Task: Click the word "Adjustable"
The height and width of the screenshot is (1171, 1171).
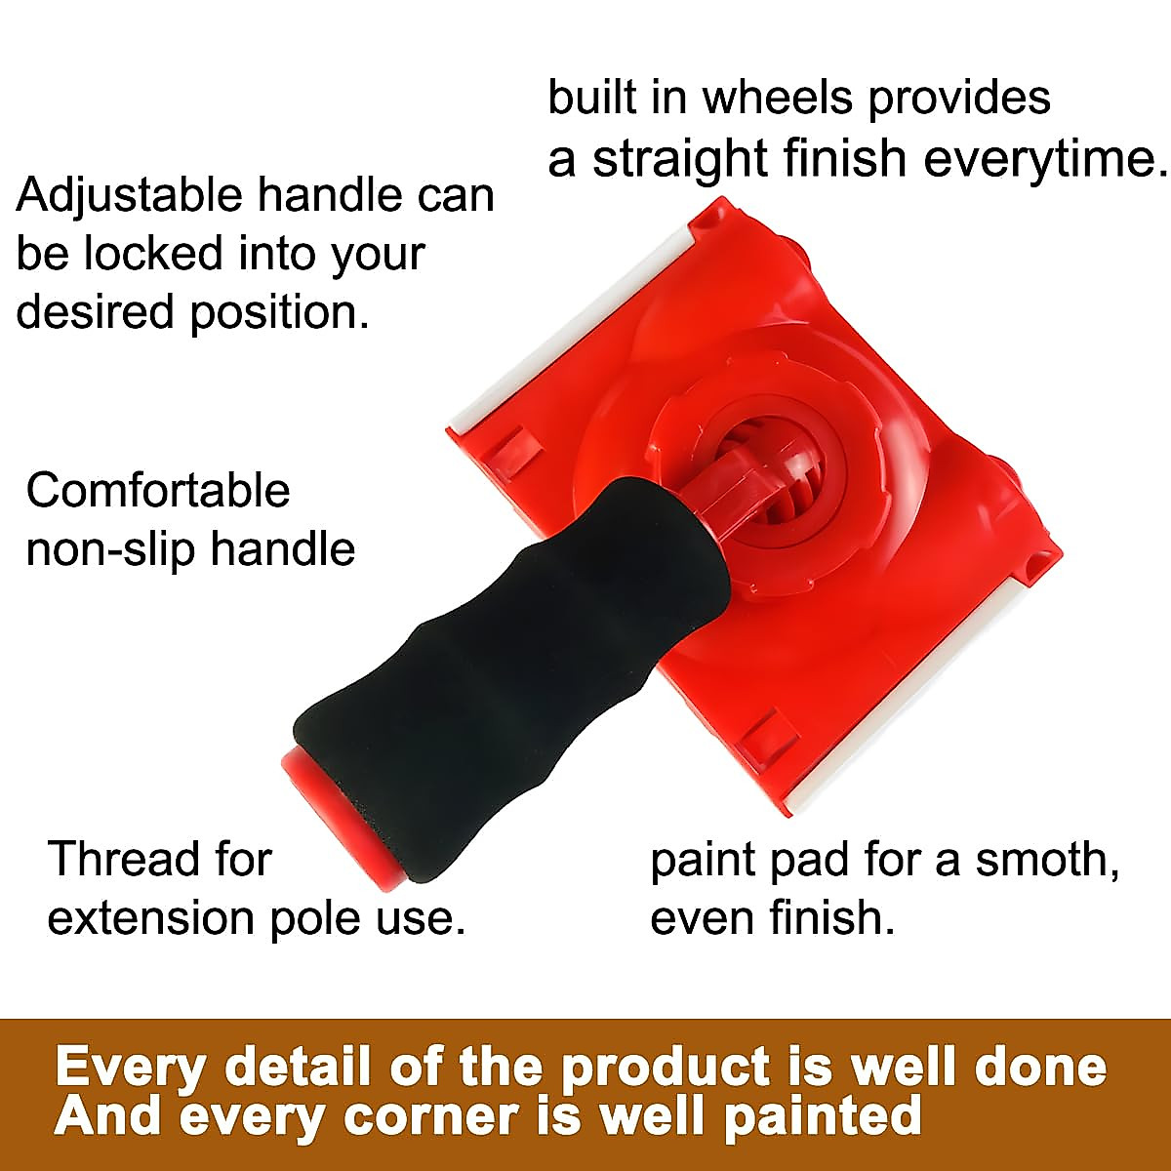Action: (x=129, y=196)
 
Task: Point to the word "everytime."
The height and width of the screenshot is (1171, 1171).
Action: (x=1046, y=159)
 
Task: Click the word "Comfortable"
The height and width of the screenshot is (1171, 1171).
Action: (x=158, y=491)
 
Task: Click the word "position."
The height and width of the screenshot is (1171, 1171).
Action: (x=280, y=312)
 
